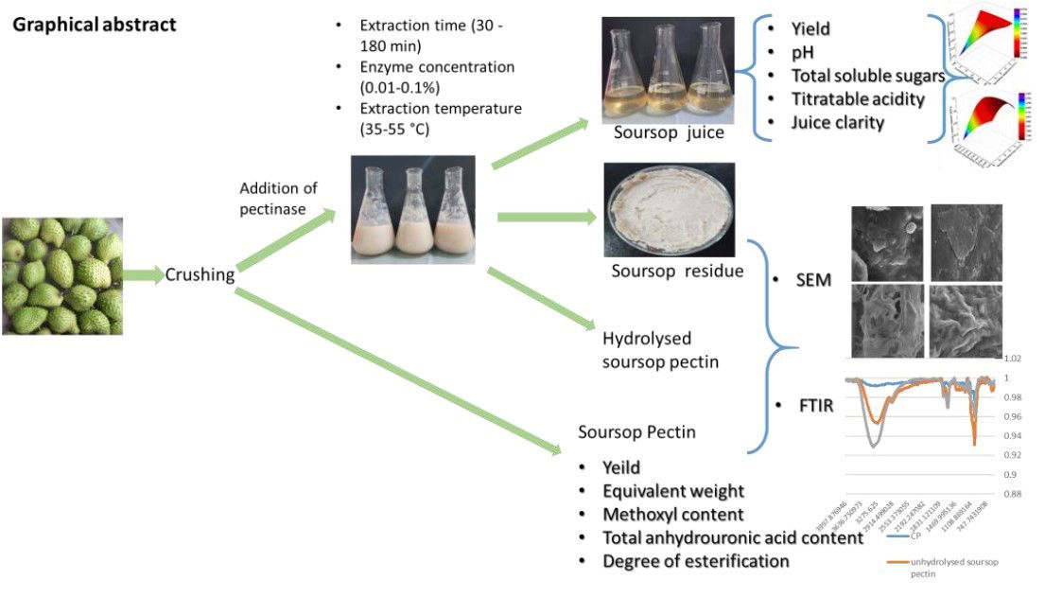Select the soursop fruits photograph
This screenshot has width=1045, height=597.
[x=61, y=275]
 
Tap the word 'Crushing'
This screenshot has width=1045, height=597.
[x=200, y=275]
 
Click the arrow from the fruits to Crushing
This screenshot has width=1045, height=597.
[x=144, y=275]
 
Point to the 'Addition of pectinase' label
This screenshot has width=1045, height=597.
[x=278, y=198]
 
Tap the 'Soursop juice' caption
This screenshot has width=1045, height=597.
[x=668, y=132]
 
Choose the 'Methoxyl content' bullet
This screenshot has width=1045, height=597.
[x=672, y=515]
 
